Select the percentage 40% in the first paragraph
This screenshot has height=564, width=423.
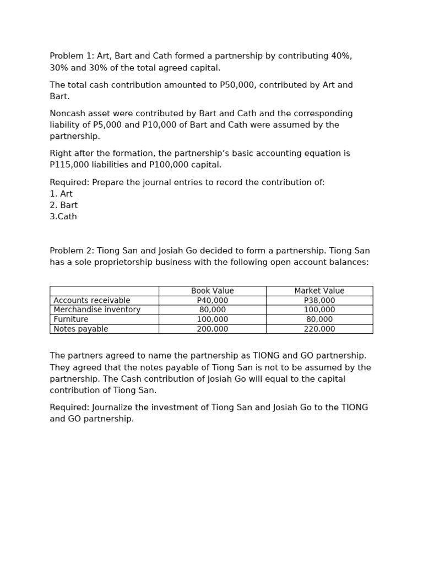341,56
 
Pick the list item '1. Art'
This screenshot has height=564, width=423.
61,194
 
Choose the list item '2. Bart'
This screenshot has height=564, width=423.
64,205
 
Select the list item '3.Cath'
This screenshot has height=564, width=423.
63,217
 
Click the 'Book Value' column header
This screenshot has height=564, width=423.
212,291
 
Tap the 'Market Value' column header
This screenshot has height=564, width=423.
319,291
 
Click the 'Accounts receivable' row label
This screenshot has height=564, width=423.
92,301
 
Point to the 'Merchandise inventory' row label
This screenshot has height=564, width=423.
97,310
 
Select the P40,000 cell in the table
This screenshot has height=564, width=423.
212,301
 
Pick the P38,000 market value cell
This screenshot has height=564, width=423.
319,301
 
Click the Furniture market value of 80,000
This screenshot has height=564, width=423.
319,319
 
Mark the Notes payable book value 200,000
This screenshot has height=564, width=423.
212,329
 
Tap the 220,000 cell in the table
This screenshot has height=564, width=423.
319,329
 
